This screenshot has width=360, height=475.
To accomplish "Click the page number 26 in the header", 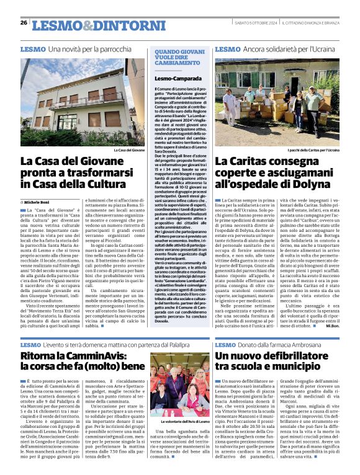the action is pos(24,23).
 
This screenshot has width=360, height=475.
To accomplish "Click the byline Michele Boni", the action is pos(38,202).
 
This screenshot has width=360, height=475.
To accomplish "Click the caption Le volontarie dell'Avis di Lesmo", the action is pos(180,439).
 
